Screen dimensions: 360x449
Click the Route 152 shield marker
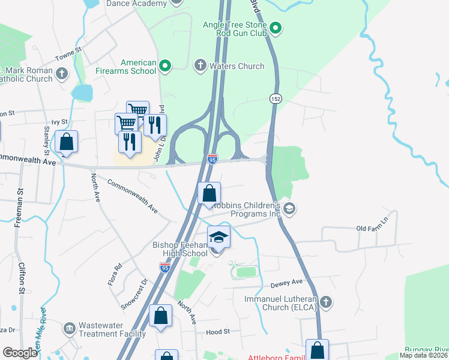coord(275,98)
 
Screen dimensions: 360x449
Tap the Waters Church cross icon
coord(200,65)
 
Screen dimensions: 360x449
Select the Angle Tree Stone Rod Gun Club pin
coord(276,28)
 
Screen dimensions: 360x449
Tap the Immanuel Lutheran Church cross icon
coord(325,301)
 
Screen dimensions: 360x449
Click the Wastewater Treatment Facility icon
coord(69,329)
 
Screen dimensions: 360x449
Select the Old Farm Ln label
coord(373,229)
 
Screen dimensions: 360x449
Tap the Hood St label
coord(218,331)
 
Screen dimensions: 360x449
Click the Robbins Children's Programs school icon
coord(289,208)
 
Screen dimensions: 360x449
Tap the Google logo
coord(20,353)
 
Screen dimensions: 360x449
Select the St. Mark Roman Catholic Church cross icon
coord(61,74)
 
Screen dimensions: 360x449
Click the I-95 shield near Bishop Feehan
coord(165,268)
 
